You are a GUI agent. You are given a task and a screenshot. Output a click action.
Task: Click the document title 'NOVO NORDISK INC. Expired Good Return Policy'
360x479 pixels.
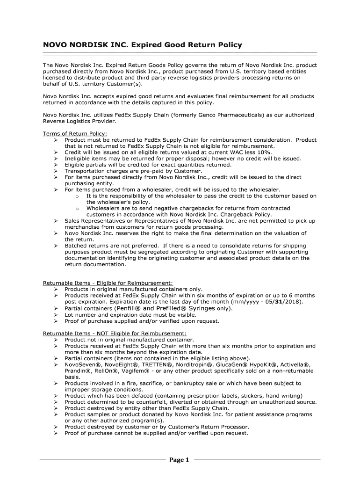(143, 45)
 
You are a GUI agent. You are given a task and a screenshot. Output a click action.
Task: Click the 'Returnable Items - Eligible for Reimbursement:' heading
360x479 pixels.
(108, 283)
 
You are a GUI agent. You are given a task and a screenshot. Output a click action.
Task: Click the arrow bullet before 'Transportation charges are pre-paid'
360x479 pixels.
(55, 171)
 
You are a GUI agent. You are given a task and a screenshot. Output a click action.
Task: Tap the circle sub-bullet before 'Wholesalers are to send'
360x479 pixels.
(76, 209)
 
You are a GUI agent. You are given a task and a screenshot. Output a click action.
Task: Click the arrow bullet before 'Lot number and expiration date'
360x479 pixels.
(55, 315)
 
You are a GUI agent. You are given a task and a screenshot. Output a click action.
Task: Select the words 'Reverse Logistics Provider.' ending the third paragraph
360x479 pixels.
(79, 121)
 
